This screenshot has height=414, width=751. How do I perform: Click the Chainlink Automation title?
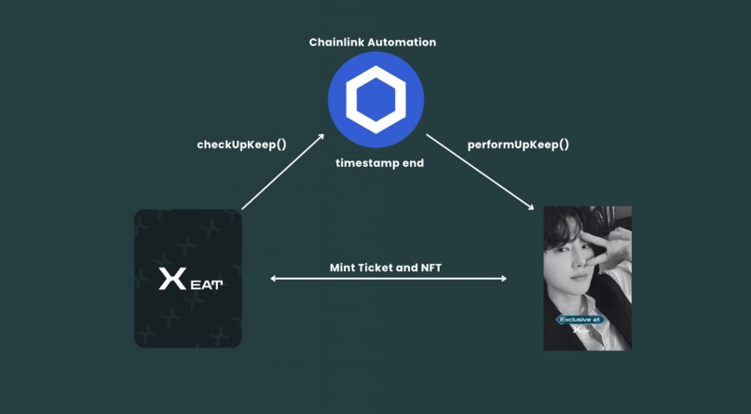373,42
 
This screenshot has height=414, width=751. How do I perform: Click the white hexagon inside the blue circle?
375,99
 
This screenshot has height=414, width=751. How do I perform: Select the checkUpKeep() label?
241,145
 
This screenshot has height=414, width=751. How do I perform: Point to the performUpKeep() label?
518,145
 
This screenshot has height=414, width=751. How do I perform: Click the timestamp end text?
379,163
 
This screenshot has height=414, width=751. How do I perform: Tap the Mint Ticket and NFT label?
386,268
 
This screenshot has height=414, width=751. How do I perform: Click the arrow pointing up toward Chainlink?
283,172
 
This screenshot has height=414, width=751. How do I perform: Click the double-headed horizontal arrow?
389,279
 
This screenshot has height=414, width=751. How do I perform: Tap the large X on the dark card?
172,279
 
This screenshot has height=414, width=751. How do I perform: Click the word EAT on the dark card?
207,283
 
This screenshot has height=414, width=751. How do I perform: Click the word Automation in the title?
402,42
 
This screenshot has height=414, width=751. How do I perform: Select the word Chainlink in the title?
336,42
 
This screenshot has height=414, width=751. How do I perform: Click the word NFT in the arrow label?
430,268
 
